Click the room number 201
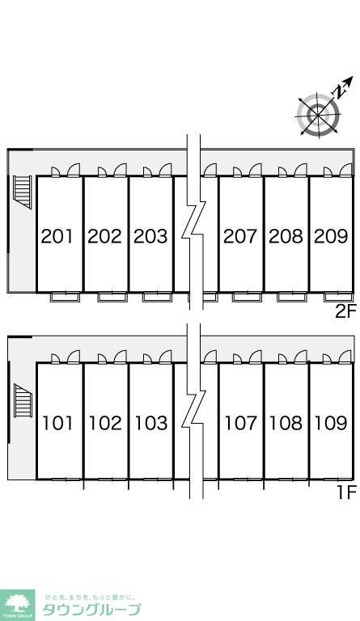click(x=57, y=236)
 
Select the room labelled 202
click(x=104, y=236)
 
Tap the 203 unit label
click(x=150, y=236)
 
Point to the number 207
click(x=240, y=236)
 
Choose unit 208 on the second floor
click(x=286, y=236)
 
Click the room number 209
click(x=331, y=236)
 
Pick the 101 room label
click(x=57, y=423)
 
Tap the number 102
click(x=105, y=423)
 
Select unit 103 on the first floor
click(x=151, y=423)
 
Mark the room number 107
click(x=241, y=423)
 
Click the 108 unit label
click(x=286, y=423)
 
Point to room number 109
click(x=331, y=423)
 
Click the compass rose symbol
click(x=319, y=115)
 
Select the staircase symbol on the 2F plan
click(x=23, y=192)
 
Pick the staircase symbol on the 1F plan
click(x=23, y=400)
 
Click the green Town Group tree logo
click(x=18, y=606)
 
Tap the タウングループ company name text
click(x=91, y=610)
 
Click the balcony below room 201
click(x=65, y=297)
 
